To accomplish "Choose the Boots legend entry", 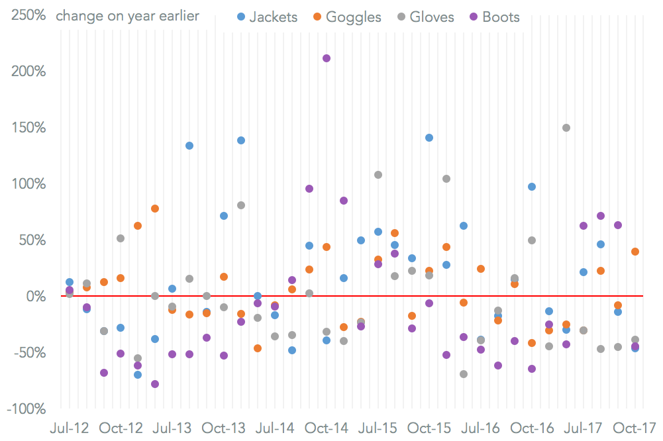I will point(494,17).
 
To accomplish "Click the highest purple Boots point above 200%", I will point(327,58).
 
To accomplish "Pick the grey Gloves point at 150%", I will point(566,128).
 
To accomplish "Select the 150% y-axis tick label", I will point(27,127).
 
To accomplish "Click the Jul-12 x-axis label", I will point(70,427).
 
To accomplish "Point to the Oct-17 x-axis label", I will point(635,427).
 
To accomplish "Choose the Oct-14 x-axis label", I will point(327,427).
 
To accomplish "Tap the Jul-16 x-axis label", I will point(481,427).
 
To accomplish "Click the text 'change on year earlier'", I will point(127,16).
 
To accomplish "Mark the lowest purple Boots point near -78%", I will point(155,384).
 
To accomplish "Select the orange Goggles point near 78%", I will point(155,209).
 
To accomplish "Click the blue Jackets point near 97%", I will point(532,187).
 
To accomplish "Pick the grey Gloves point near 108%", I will point(378,175).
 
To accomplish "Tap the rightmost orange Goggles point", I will point(635,252).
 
